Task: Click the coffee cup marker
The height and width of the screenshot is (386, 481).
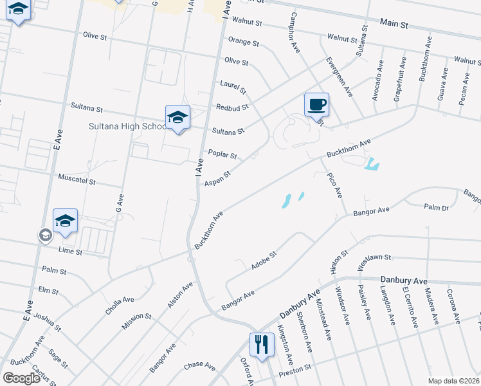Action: (x=316, y=105)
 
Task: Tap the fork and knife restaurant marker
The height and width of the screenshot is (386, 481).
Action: (x=261, y=344)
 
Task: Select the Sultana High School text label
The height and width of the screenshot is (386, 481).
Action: (x=128, y=126)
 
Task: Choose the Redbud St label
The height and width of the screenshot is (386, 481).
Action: (x=233, y=107)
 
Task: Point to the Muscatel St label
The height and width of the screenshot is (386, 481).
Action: (x=77, y=181)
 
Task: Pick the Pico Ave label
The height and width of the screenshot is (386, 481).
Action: (x=334, y=185)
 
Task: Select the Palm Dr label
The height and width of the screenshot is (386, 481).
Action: (x=436, y=207)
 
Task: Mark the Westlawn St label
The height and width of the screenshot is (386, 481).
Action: (x=374, y=257)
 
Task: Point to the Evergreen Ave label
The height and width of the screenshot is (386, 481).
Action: (x=339, y=77)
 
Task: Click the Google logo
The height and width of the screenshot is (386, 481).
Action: (x=21, y=378)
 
